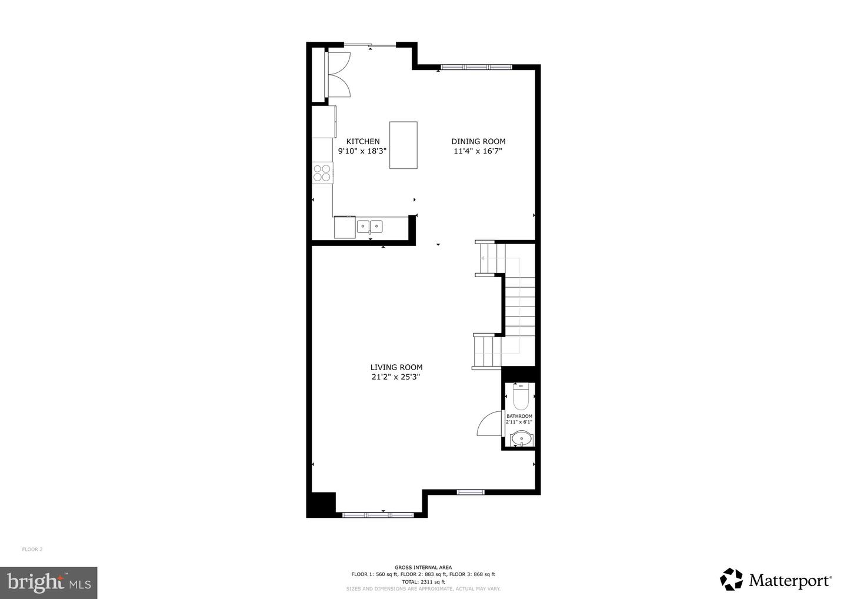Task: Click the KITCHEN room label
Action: pos(363,141)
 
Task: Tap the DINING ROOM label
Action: pos(478,141)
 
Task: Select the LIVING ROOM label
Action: pos(396,367)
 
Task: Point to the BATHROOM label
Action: pos(519,416)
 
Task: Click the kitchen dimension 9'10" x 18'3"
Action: pos(362,151)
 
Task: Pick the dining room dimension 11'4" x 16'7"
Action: pos(478,151)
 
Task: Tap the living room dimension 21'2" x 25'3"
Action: pos(396,377)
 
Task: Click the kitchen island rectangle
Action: pos(404,145)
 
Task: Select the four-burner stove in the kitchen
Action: pos(322,173)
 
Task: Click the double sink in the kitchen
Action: pos(369,227)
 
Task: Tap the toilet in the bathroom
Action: pos(521,397)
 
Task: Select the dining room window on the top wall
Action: pos(476,67)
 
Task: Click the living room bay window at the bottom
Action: pos(378,515)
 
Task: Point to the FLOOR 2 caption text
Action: pos(32,549)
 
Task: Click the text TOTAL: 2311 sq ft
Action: pos(423,582)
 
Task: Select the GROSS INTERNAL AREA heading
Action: pos(423,567)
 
